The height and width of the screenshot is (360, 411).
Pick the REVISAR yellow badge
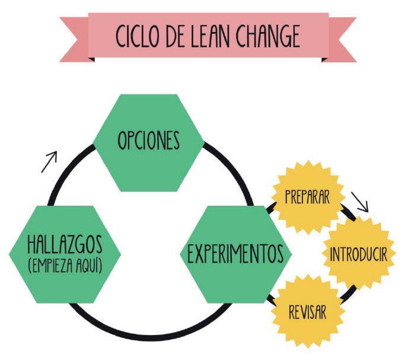tap(307, 311)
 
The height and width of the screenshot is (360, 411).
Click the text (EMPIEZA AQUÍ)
tap(65, 266)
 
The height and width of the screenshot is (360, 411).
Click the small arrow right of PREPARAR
tap(359, 202)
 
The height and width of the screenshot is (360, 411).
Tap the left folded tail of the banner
tap(74, 37)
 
